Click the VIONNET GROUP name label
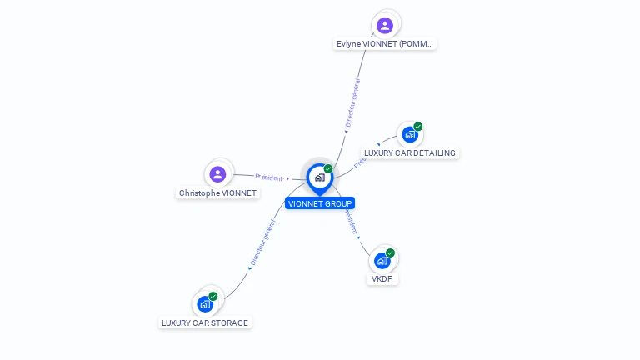[320, 203]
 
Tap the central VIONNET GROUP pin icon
[319, 177]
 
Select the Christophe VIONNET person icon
[218, 174]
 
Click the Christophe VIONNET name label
[218, 193]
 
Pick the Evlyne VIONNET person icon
[384, 25]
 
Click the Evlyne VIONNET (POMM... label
[385, 44]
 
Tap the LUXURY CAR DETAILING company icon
[408, 134]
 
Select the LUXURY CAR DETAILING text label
[410, 153]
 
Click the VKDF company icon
[382, 260]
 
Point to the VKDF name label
[382, 279]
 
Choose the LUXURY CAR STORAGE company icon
[204, 304]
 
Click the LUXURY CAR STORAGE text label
[205, 323]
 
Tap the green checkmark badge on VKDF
[390, 252]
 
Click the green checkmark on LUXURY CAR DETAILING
[417, 127]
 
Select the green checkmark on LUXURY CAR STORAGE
[213, 297]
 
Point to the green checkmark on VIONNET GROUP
[328, 169]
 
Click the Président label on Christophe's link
[269, 177]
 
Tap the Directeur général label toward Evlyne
[353, 103]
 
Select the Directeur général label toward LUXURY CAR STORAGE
[262, 242]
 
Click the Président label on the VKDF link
[351, 222]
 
